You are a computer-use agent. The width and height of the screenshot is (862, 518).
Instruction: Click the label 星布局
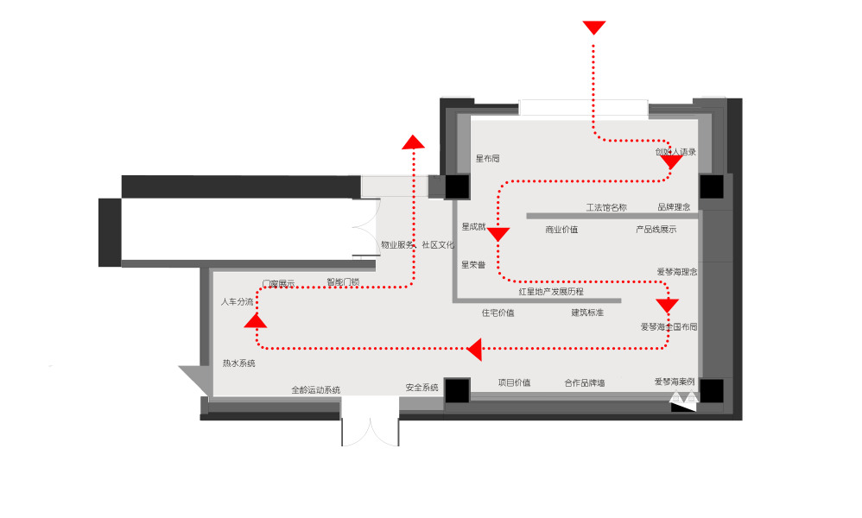487,159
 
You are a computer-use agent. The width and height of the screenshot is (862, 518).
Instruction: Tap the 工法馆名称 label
605,207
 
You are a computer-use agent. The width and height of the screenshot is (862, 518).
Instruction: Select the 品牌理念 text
674,207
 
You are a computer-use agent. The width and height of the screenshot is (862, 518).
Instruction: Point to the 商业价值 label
561,230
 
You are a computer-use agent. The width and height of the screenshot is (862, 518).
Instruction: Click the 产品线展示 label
656,230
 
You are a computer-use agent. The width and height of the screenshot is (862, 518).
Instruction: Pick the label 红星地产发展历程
551,292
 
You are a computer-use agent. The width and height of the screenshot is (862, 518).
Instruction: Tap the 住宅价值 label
498,313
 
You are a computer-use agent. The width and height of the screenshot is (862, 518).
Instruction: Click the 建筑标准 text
587,313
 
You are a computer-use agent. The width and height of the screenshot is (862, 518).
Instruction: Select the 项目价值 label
514,382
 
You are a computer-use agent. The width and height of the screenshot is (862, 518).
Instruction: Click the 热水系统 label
238,363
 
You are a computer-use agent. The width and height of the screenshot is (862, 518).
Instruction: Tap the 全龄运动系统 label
315,390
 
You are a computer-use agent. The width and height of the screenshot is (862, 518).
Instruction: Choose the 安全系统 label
421,388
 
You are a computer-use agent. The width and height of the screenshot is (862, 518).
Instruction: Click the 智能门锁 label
343,281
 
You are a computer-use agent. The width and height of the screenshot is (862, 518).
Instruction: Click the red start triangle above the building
593,28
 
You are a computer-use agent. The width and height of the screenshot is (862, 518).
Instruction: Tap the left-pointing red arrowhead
473,349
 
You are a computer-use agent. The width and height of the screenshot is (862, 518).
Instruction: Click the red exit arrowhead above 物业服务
414,142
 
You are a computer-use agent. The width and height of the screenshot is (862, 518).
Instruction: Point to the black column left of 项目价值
457,390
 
